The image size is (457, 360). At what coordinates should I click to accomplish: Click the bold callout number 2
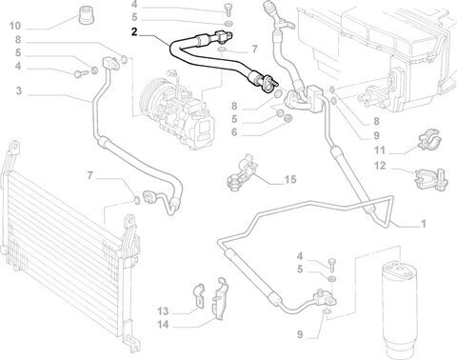point(134,32)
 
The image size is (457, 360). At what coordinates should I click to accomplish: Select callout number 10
point(15,26)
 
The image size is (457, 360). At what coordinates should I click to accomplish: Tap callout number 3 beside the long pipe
point(19,90)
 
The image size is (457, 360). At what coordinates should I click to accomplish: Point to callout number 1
point(423,224)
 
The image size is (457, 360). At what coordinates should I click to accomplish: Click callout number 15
point(290,179)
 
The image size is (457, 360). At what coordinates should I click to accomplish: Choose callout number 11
point(380,150)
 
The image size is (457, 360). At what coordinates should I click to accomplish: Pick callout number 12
point(380,166)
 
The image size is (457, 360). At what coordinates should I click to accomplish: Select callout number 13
point(163,311)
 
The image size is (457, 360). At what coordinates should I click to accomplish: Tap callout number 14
point(163,325)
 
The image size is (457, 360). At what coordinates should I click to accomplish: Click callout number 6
point(234,132)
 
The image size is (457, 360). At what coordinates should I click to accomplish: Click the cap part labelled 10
point(86,15)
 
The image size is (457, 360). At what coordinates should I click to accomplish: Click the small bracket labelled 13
point(200,294)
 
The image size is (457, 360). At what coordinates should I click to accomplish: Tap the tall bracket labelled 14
point(220,298)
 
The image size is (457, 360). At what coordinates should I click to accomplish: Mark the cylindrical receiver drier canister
point(397,310)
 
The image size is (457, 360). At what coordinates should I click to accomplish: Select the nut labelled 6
point(288,118)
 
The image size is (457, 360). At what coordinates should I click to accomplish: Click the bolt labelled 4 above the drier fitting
point(331,264)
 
